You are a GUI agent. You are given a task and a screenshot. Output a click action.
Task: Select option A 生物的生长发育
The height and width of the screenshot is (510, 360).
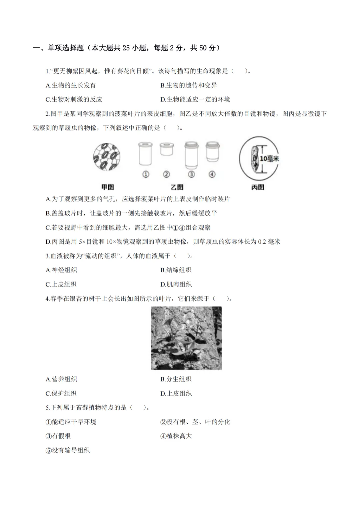click(x=71, y=85)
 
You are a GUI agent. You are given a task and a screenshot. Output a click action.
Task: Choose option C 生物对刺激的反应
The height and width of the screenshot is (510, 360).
click(x=74, y=99)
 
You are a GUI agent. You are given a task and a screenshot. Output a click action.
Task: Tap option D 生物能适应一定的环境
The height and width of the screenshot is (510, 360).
click(x=195, y=99)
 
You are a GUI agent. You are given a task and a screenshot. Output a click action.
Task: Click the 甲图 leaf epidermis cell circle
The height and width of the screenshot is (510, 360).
click(x=107, y=157)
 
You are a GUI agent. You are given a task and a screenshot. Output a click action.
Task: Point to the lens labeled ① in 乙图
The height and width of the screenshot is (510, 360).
click(x=146, y=154)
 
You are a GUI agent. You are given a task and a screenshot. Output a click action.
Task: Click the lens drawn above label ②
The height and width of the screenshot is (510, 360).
click(x=166, y=149)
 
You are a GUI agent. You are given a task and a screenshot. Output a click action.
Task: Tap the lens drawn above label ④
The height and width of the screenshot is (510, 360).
click(x=212, y=152)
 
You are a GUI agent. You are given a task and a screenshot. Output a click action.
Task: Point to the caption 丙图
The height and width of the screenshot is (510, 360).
click(x=258, y=187)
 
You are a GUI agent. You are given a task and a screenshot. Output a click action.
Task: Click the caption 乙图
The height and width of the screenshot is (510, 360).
click(x=177, y=187)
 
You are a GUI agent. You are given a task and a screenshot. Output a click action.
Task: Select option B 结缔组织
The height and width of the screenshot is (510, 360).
click(x=176, y=270)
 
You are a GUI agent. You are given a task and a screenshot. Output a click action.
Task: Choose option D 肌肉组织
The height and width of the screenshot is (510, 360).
click(x=176, y=285)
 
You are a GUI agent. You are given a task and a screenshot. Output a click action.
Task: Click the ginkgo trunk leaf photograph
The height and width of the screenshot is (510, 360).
click(x=186, y=338)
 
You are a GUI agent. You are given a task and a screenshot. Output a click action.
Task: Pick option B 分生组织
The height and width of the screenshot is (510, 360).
click(x=176, y=379)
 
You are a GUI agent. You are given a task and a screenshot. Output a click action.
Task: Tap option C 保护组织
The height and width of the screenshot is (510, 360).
click(x=61, y=394)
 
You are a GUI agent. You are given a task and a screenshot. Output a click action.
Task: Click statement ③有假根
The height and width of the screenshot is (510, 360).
click(x=58, y=436)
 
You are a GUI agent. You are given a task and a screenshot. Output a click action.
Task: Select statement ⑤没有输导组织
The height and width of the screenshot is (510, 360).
click(x=68, y=450)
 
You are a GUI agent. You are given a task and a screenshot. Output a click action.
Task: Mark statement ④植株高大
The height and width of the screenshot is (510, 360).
click(x=176, y=436)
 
